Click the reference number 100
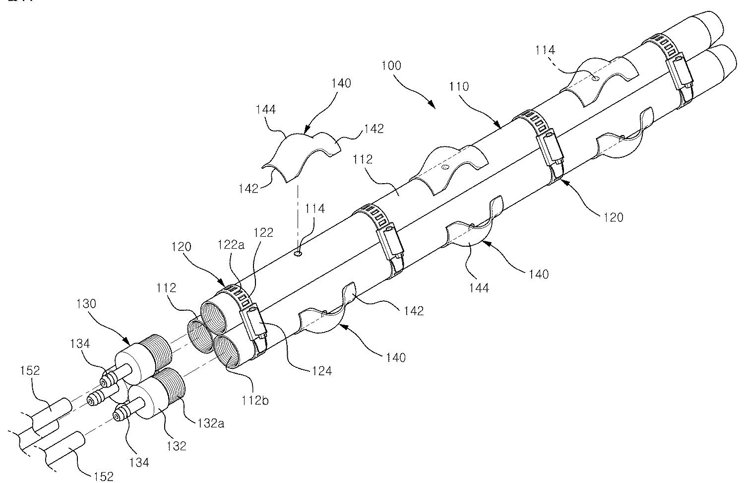click(392, 66)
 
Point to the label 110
click(459, 86)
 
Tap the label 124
click(321, 370)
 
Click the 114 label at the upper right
click(545, 50)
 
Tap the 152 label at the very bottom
click(103, 477)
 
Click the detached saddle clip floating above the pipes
click(300, 154)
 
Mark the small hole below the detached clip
click(298, 254)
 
